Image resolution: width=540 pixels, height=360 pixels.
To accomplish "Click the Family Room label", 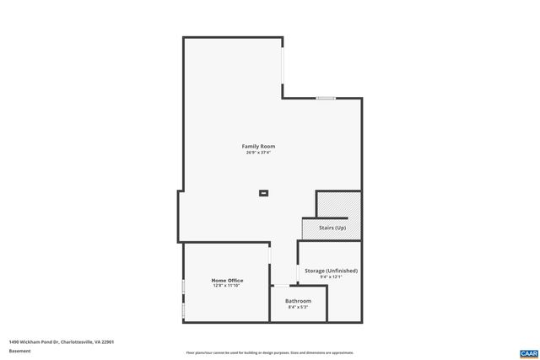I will point(258,146).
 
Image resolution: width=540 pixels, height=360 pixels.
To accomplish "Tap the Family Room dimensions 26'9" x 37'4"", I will point(258,153).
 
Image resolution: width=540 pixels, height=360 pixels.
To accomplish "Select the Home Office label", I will point(227,280).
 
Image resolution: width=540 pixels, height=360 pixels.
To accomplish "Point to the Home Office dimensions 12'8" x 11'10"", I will point(227,286).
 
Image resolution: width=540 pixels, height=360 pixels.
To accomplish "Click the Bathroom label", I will point(298,301).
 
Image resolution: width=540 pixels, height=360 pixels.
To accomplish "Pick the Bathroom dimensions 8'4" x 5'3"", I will point(298,307).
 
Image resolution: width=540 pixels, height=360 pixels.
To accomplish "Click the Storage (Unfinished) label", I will point(331,271).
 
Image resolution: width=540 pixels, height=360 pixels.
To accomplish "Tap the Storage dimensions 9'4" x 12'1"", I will point(331,277).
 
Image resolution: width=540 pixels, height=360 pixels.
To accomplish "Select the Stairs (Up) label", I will point(332,228).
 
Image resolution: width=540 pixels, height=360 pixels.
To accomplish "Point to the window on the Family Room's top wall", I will point(327,99).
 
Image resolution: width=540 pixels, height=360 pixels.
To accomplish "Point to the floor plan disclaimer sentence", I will point(269,352).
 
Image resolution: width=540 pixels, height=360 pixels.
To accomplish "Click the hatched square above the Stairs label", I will point(339,205).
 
